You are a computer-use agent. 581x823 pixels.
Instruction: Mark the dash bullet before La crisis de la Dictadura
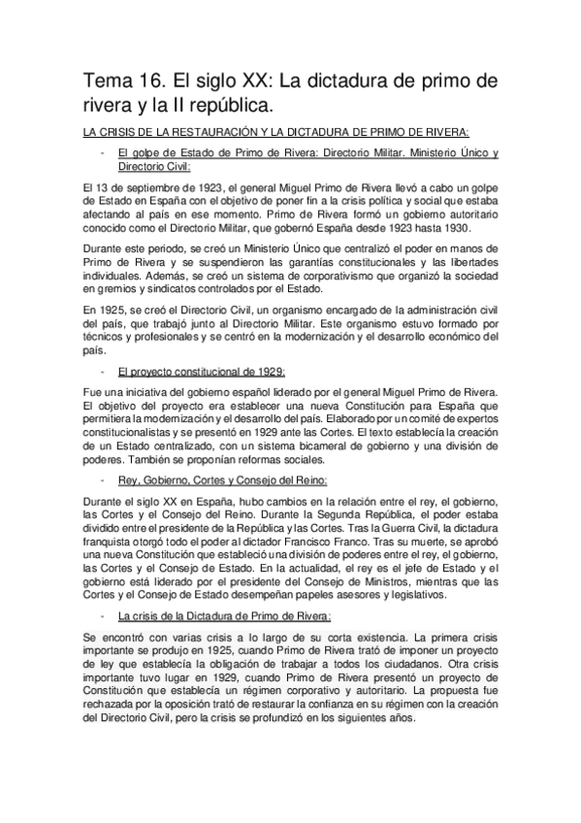[x=103, y=615]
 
